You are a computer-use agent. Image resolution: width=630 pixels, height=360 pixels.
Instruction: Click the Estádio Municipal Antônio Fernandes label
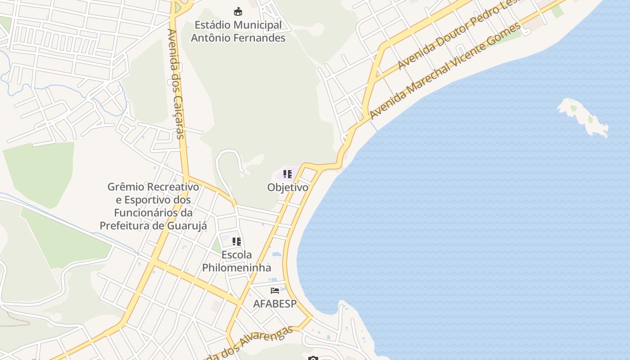pos(238,31)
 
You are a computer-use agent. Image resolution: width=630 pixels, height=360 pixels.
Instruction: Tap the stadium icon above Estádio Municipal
pos(238,11)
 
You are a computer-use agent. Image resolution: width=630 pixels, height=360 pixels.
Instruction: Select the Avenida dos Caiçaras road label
pos(175,84)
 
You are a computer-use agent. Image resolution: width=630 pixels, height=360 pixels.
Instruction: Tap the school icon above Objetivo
pos(288,174)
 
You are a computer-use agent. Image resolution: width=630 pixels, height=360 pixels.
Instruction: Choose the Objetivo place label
pos(288,187)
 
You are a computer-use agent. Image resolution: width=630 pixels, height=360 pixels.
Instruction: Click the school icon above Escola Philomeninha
pos(237,242)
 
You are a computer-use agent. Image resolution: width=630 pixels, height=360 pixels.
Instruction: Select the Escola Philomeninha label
pos(237,261)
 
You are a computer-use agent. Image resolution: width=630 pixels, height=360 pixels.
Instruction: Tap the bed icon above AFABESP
pos(275,291)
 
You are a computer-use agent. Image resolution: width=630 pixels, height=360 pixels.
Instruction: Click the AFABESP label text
pos(275,304)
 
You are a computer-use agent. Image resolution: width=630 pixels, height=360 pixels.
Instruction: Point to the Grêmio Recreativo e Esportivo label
pos(153,206)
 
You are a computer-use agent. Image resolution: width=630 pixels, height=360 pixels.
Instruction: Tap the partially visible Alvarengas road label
pos(252,344)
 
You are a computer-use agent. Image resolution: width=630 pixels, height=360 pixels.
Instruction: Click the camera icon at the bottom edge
pos(313,358)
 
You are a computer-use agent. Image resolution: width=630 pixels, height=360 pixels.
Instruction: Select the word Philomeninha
pos(237,268)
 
